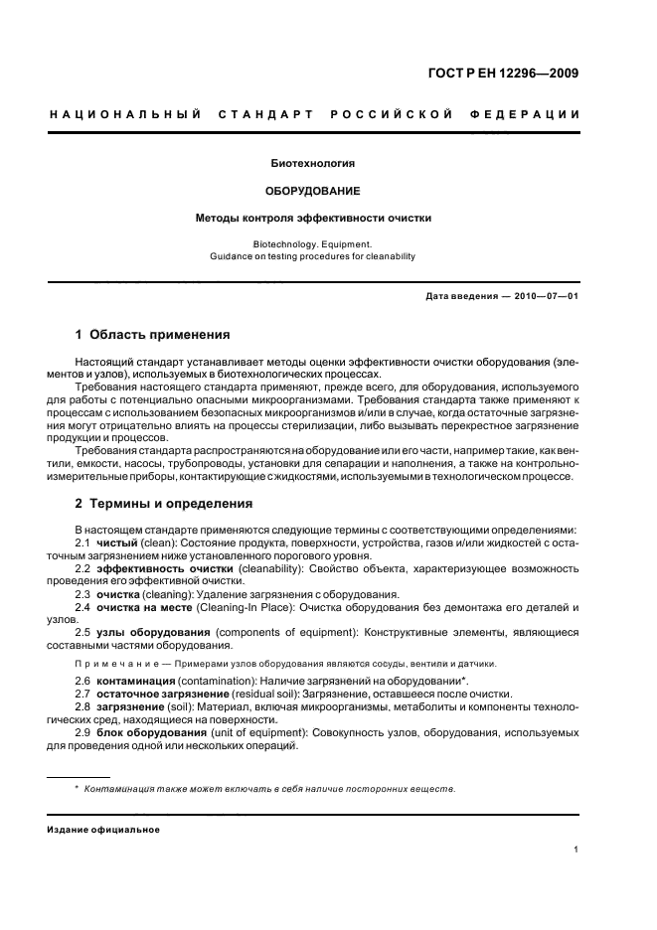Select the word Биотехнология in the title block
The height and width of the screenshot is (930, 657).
[x=313, y=162]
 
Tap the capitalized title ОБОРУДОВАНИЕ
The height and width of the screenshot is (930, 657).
[x=313, y=189]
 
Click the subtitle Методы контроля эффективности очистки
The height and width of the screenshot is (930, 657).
[x=313, y=217]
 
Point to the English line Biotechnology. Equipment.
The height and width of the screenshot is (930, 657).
[x=313, y=242]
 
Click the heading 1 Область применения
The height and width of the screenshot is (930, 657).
[x=153, y=335]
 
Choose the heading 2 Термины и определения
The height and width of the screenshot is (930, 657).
[x=164, y=504]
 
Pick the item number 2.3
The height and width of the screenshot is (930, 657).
[x=83, y=593]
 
